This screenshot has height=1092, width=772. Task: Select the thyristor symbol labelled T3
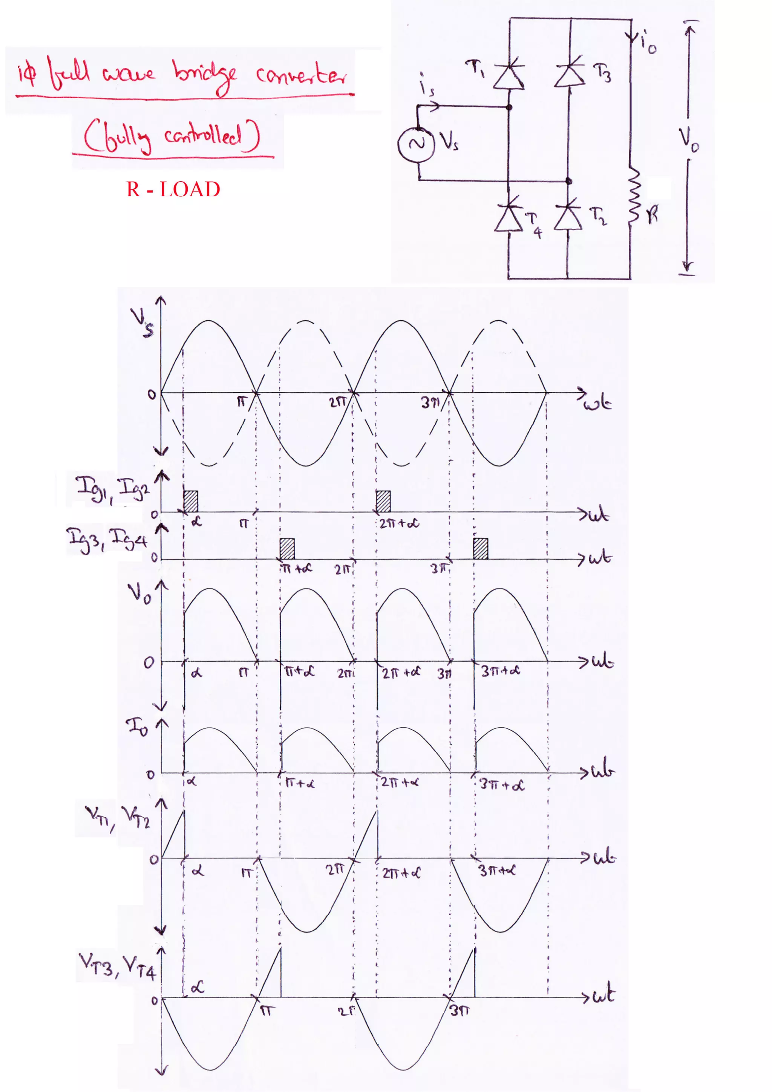tap(569, 75)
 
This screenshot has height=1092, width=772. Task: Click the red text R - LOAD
tap(173, 189)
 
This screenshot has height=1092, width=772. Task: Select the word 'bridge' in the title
tap(205, 76)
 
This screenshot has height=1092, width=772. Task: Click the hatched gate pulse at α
tap(191, 501)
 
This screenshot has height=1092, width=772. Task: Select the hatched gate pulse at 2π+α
tap(383, 501)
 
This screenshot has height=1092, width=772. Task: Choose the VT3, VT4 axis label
tap(117, 965)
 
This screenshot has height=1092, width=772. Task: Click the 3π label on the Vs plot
tap(430, 403)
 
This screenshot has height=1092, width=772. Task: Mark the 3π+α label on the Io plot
tap(501, 784)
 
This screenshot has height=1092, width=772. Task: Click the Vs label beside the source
tap(449, 141)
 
